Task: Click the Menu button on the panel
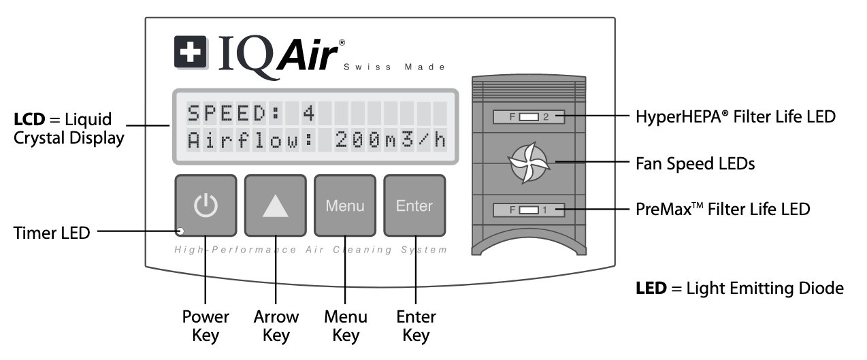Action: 345,206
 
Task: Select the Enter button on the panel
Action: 414,206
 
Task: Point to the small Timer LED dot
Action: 181,231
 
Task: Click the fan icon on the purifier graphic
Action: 528,163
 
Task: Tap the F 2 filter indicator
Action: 529,117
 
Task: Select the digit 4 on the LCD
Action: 309,112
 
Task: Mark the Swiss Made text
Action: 395,67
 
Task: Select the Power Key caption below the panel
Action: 206,325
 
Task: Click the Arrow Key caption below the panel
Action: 276,325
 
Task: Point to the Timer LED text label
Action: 52,233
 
